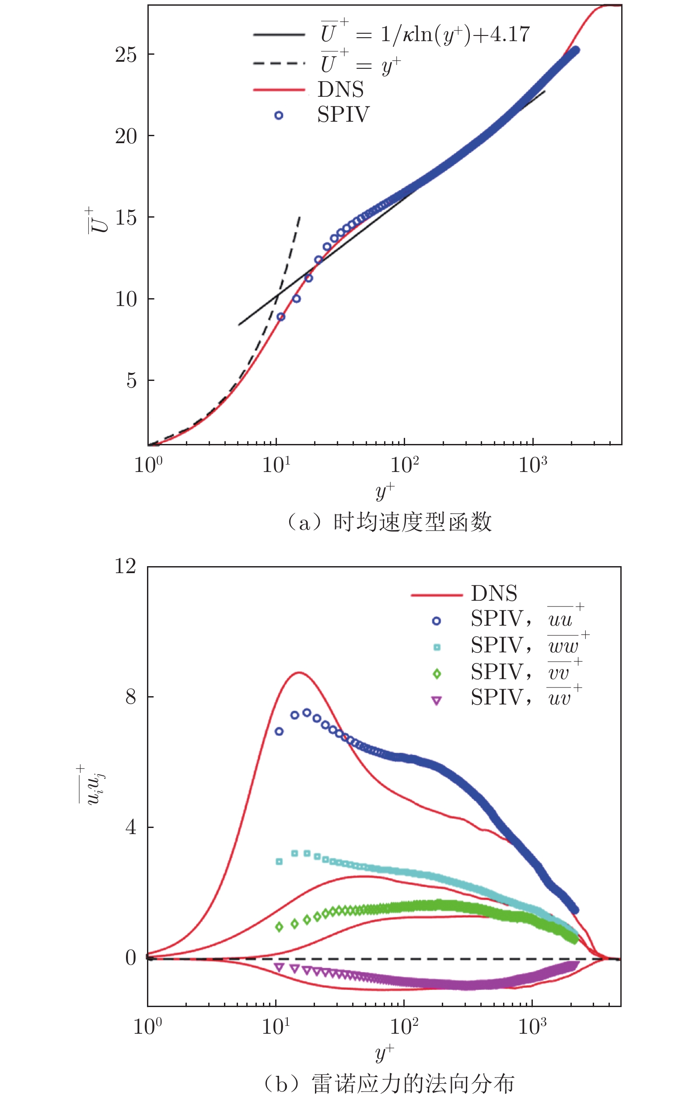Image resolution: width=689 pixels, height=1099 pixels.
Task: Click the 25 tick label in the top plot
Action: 126,55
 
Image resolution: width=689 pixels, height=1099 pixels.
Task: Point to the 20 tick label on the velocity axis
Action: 126,136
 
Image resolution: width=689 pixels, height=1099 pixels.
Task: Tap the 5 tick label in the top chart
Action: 132,380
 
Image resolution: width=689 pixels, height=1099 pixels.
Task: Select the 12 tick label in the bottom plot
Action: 125,567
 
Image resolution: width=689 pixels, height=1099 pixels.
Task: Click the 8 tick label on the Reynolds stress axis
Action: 131,696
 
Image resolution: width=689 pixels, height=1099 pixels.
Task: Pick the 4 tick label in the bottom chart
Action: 131,826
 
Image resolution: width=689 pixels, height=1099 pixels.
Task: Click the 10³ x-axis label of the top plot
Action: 532,465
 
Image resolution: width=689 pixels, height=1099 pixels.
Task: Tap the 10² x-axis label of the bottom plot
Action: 404,1026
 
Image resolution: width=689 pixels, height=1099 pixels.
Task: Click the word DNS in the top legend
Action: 341,89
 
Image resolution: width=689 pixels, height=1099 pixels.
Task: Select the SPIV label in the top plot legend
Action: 343,114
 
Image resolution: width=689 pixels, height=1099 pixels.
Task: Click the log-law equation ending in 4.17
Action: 425,34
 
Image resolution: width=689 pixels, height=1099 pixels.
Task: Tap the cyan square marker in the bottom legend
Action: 437,647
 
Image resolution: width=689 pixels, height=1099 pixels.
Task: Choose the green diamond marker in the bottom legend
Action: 437,673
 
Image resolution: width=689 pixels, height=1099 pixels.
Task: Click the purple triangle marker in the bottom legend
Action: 437,701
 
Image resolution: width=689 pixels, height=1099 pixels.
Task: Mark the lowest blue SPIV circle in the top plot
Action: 281,317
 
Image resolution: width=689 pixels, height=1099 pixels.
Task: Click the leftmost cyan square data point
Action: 280,861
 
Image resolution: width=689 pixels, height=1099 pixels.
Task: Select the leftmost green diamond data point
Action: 280,926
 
